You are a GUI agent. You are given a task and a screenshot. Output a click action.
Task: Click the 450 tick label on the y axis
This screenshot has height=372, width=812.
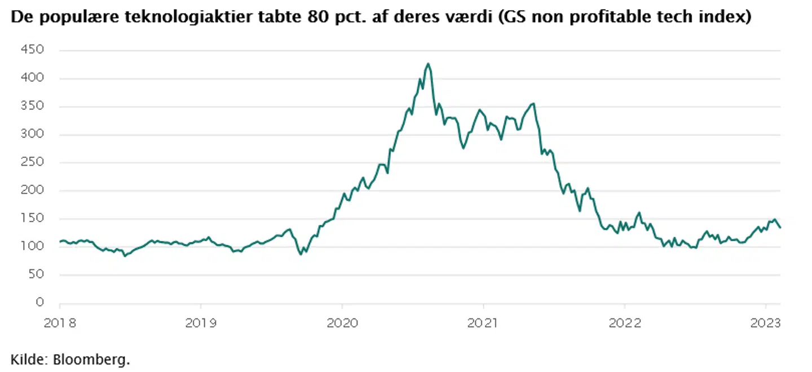[x=33, y=50]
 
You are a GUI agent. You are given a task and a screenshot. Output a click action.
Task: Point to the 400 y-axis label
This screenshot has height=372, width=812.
[x=33, y=78]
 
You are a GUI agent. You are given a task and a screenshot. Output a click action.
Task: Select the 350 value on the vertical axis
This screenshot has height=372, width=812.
[x=33, y=107]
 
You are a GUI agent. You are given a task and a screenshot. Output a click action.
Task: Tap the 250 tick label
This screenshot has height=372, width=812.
[x=33, y=162]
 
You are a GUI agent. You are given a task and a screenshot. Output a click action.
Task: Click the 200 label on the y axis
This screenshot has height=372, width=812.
[x=33, y=191]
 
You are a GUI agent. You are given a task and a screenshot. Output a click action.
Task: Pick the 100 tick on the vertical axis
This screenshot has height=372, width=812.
[x=33, y=246]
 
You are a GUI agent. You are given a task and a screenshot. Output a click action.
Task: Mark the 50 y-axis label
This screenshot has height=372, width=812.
[x=36, y=274]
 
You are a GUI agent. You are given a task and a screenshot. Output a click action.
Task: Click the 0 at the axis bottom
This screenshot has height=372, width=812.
[x=39, y=303]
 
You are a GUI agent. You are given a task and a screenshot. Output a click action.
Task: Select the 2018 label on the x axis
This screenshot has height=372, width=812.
[x=60, y=323]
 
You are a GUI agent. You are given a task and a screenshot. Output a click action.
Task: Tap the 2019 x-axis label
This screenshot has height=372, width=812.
[x=201, y=323]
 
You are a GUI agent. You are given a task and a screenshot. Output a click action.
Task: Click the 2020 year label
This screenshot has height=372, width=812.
[x=342, y=323]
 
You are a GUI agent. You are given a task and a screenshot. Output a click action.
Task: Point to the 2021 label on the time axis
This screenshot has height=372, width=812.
[x=483, y=323]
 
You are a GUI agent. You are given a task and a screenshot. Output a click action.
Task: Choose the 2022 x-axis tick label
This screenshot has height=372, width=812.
[x=624, y=323]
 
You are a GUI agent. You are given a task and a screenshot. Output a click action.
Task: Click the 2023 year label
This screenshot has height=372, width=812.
[x=765, y=323]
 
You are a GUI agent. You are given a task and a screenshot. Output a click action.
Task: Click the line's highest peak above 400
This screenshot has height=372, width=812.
[x=429, y=64]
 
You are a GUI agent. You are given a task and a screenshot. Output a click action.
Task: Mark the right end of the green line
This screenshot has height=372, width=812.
[x=780, y=228]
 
